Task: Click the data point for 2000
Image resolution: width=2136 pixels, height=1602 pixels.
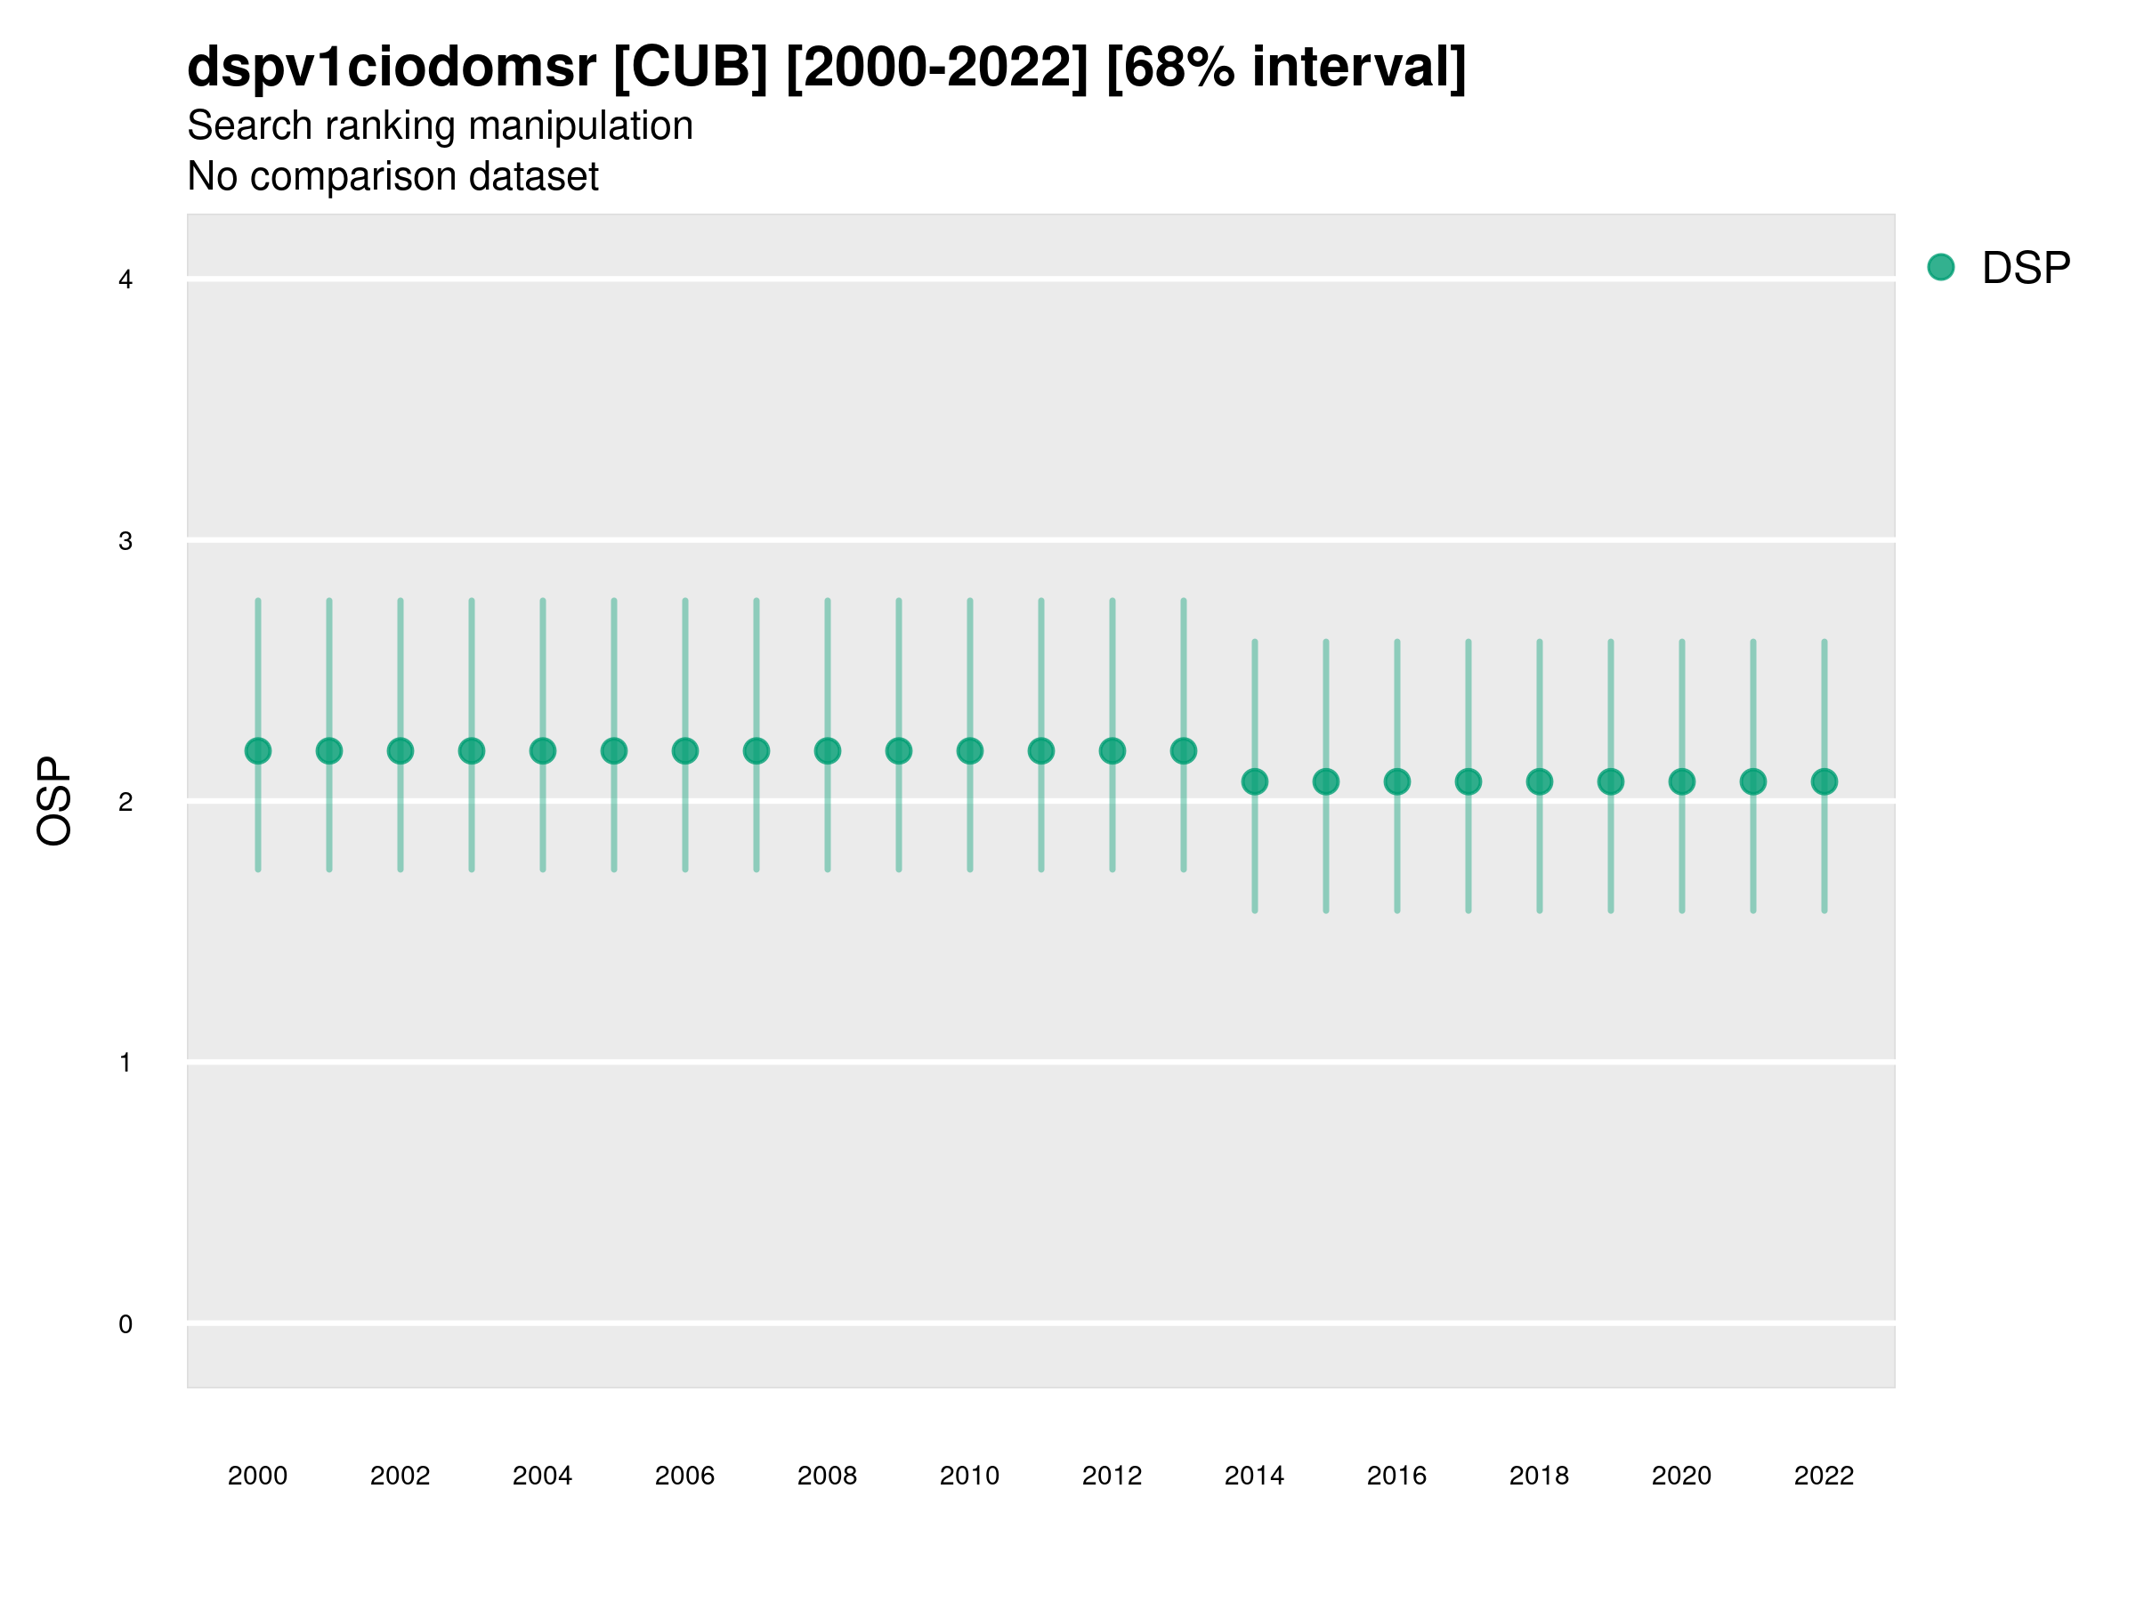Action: pos(258,750)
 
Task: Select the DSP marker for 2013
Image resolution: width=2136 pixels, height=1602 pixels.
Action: pos(1183,750)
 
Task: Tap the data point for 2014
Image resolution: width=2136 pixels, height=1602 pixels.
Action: pos(1254,781)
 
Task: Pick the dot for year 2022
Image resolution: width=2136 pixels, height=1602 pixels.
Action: pos(1824,781)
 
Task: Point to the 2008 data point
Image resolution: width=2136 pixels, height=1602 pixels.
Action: pos(828,750)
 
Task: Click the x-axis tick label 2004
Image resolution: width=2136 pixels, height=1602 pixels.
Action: pos(542,1476)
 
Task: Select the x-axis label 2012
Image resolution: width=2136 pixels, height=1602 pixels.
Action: pos(1112,1476)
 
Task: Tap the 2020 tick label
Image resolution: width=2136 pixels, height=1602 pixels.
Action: pos(1681,1476)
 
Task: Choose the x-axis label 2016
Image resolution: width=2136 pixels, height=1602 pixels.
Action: pos(1396,1476)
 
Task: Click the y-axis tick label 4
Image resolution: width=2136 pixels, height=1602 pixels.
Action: pos(125,280)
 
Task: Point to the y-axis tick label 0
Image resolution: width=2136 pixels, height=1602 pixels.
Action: pos(125,1324)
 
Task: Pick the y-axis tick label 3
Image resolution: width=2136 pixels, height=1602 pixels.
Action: pos(125,541)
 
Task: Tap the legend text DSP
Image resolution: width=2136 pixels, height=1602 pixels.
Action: pos(2026,269)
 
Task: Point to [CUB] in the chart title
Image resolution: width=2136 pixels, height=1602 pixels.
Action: pos(691,67)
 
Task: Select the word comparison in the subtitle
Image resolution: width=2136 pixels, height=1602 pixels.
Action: pos(382,177)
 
